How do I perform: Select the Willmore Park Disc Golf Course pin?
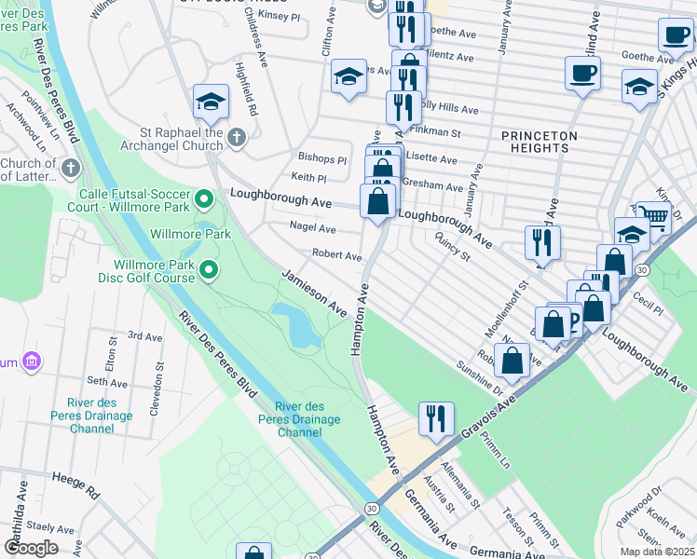pyautogui.click(x=210, y=271)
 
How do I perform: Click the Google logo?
pyautogui.click(x=31, y=547)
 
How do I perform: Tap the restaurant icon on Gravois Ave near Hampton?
pyautogui.click(x=436, y=419)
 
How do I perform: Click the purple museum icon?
pyautogui.click(x=32, y=361)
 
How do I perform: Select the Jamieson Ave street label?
pyautogui.click(x=315, y=292)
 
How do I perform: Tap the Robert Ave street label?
pyautogui.click(x=336, y=255)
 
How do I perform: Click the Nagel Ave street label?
pyautogui.click(x=312, y=228)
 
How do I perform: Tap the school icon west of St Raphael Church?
pyautogui.click(x=211, y=101)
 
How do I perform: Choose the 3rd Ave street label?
pyautogui.click(x=144, y=335)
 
